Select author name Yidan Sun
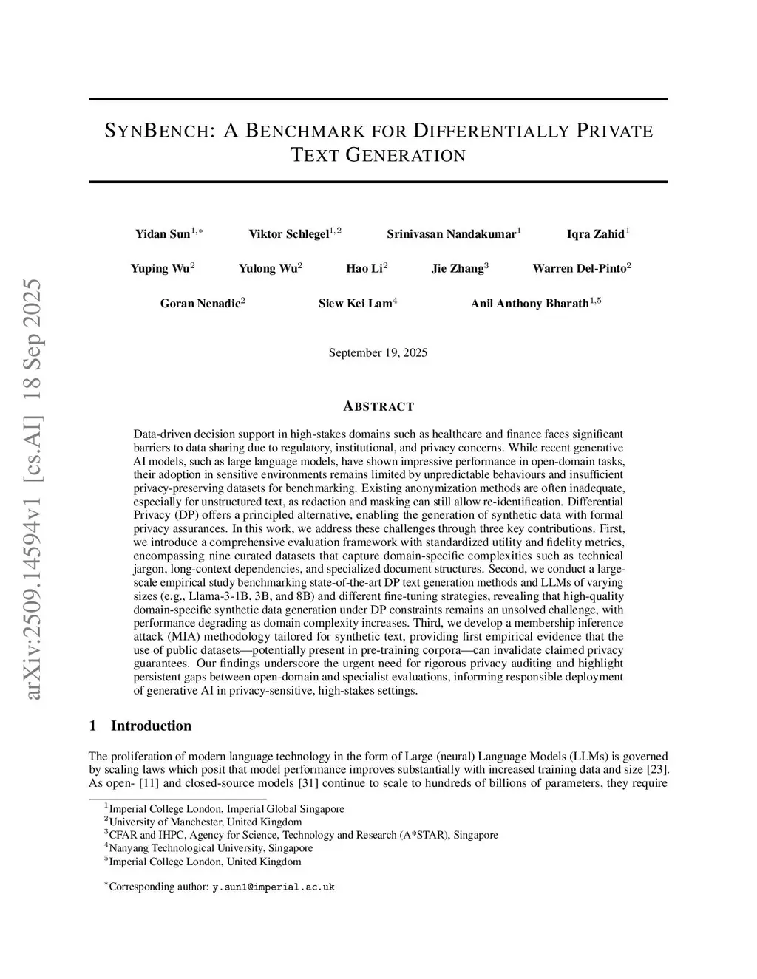click(163, 234)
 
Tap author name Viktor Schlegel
click(289, 234)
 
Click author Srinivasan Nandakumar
click(451, 234)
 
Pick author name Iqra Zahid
click(595, 234)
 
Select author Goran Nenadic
click(200, 303)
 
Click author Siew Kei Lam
click(355, 303)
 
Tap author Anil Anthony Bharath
click(529, 303)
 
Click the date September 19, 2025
click(378, 352)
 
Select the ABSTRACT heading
click(378, 406)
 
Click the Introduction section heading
click(151, 726)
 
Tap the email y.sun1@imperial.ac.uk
click(274, 887)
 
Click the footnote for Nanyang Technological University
click(211, 848)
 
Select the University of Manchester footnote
click(205, 822)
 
